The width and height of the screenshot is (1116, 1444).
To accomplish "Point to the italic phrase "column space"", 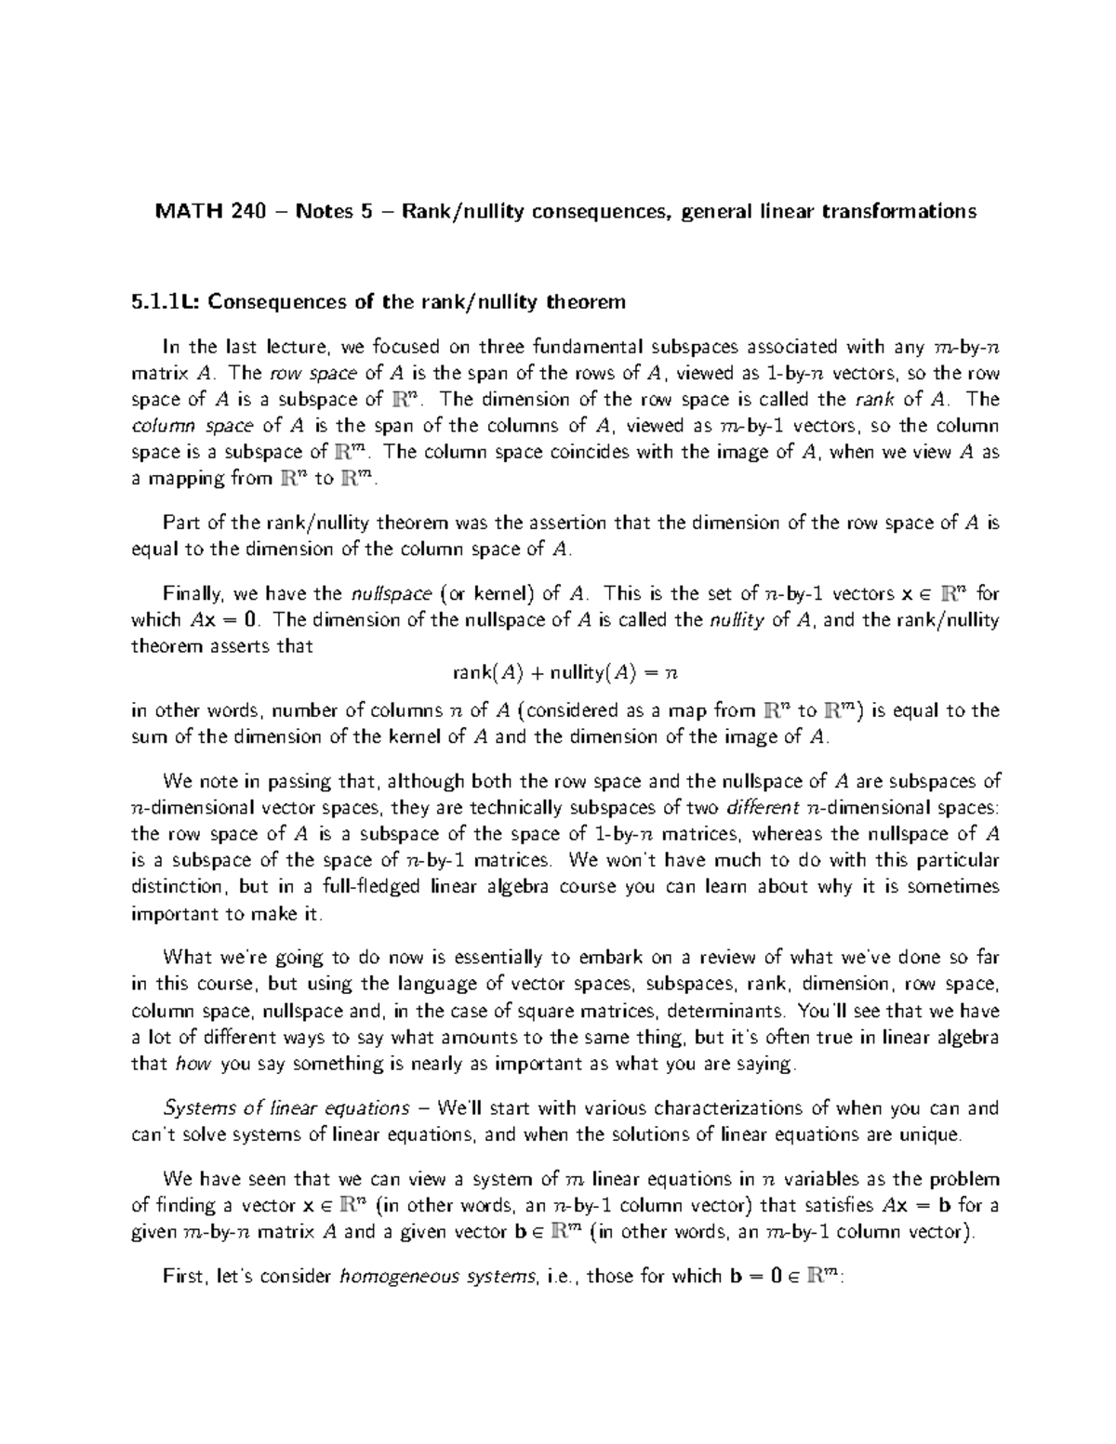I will (190, 427).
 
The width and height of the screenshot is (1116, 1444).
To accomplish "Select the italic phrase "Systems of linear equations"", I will (286, 1108).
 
